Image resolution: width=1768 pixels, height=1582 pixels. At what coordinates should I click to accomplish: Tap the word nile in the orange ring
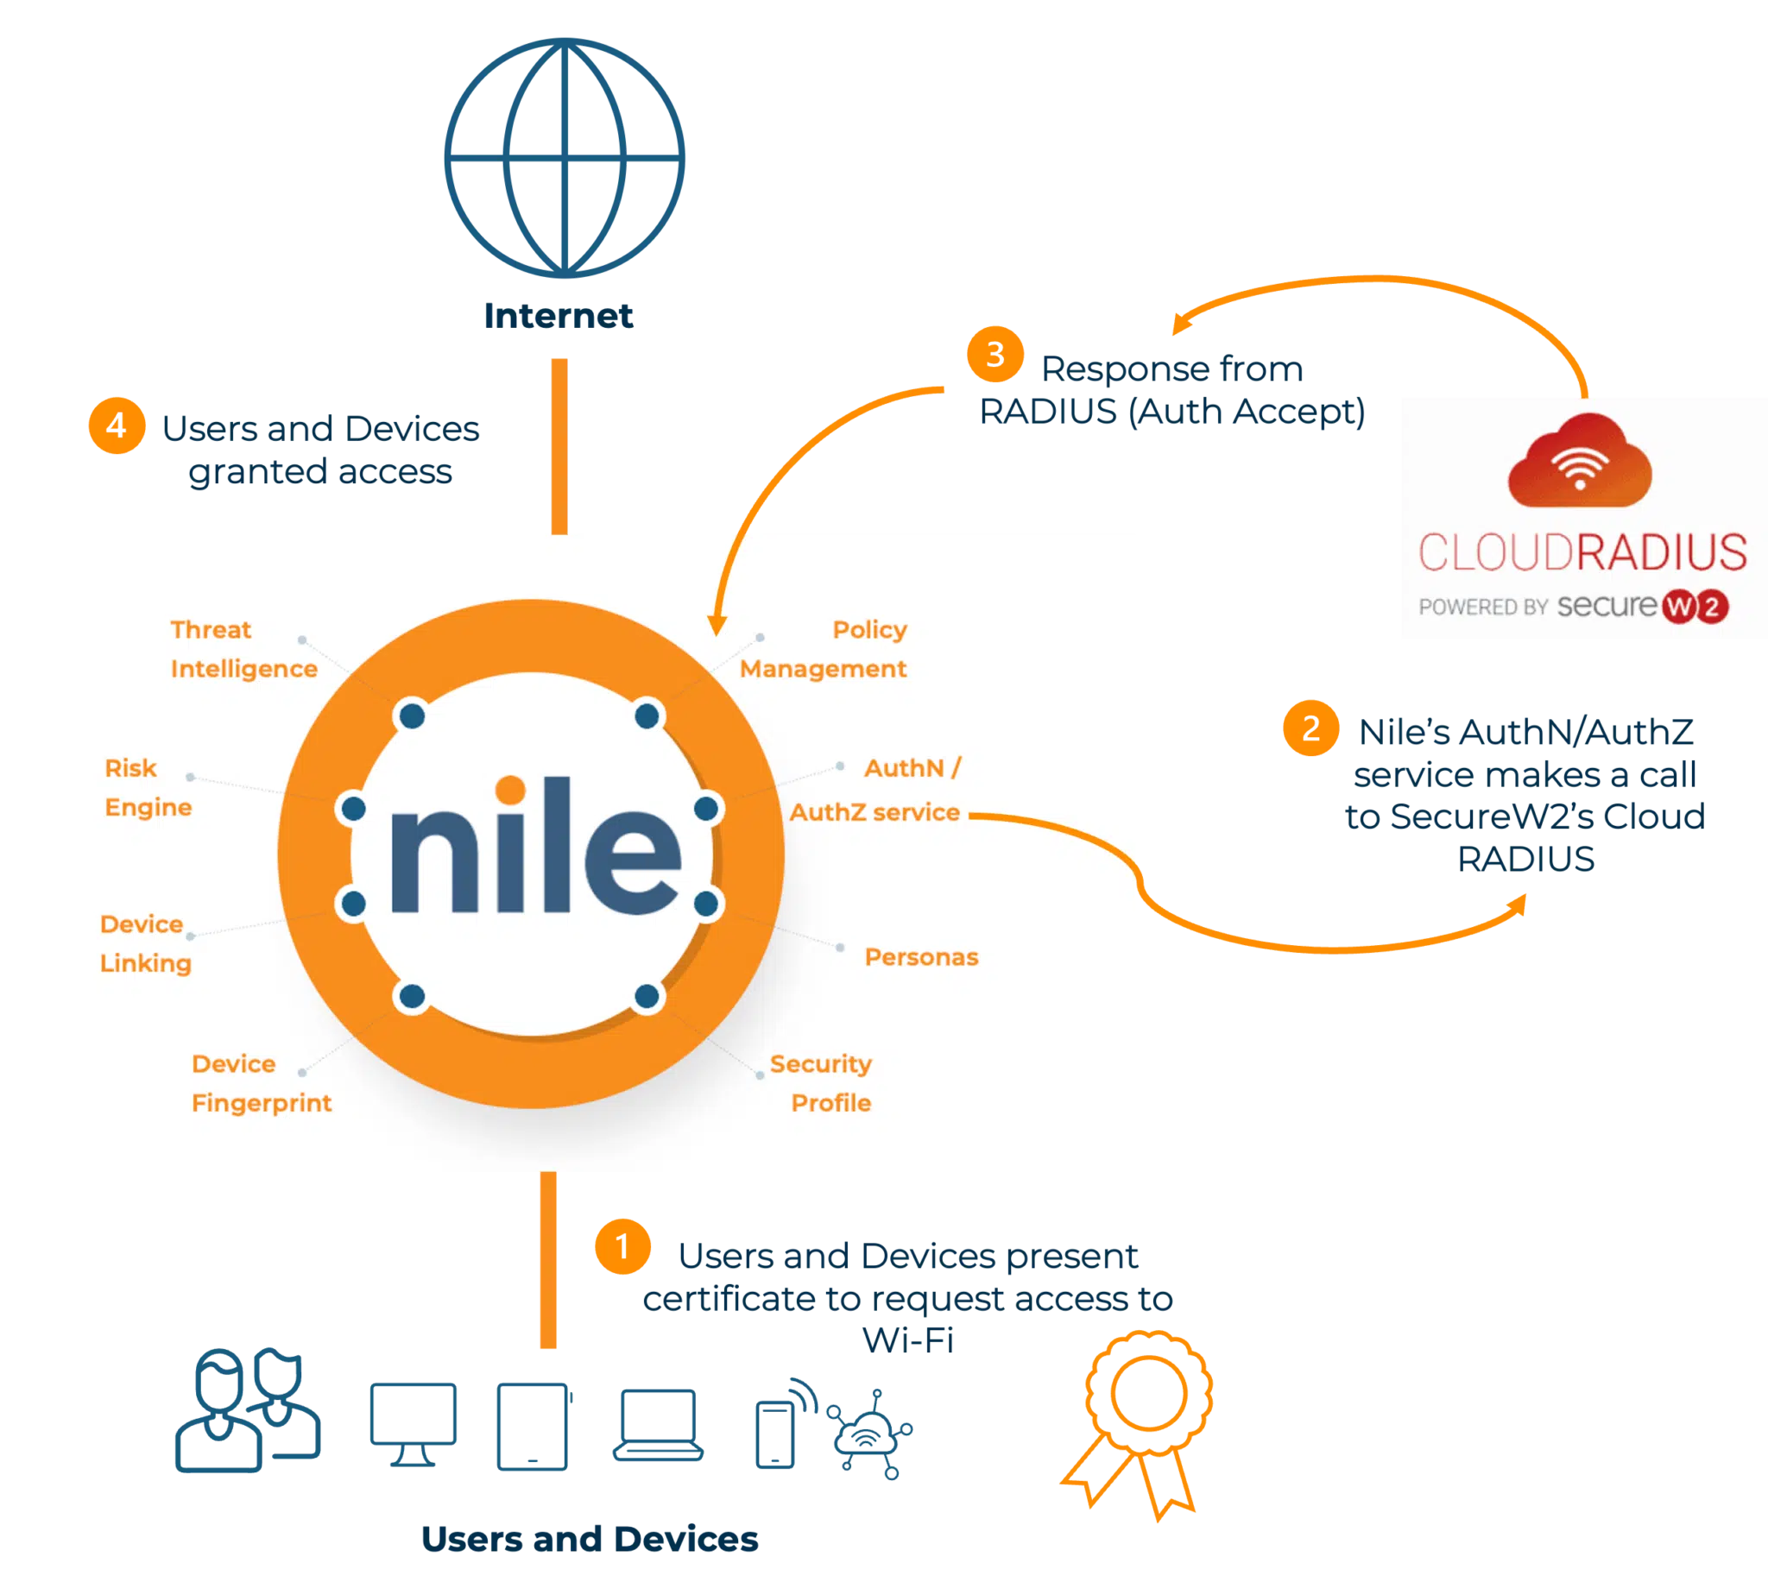click(534, 848)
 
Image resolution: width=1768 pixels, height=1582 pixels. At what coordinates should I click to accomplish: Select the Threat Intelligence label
click(243, 648)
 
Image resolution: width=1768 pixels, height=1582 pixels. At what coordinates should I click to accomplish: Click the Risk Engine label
click(148, 787)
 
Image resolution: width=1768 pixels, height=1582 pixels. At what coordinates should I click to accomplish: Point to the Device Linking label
click(145, 943)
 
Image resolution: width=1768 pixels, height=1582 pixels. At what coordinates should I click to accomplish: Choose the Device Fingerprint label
click(261, 1083)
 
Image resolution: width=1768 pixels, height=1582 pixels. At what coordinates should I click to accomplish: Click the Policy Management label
click(824, 648)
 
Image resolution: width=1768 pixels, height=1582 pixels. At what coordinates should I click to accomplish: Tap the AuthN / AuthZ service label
click(875, 790)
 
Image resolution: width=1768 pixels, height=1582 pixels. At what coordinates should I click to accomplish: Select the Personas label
click(921, 957)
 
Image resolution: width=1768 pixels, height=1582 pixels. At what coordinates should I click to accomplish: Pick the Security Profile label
click(820, 1083)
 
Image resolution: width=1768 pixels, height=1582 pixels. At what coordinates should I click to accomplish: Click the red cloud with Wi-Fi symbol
click(1580, 463)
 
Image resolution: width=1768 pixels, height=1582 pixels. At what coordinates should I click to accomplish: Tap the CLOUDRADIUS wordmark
click(1582, 553)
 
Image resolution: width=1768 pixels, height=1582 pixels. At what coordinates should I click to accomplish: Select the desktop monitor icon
click(414, 1423)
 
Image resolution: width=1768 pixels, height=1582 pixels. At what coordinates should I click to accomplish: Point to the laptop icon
click(656, 1425)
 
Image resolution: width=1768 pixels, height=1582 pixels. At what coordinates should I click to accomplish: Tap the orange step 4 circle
click(116, 426)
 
